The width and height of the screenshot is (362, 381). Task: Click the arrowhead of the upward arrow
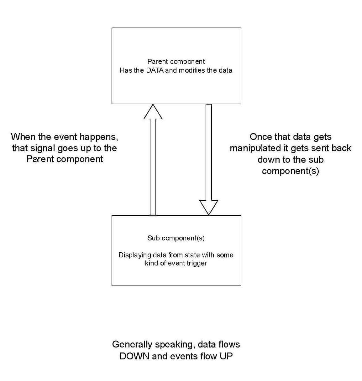pos(153,112)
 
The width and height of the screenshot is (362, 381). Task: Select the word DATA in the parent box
pos(155,70)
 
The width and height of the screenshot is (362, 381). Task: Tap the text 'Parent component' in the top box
pos(176,61)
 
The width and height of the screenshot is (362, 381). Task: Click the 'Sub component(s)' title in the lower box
pos(176,238)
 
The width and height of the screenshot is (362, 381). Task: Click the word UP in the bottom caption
pos(226,356)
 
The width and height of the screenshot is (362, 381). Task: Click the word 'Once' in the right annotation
pos(261,137)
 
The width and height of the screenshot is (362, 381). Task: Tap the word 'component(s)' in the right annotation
pos(290,171)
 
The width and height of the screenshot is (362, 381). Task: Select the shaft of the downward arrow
pos(208,150)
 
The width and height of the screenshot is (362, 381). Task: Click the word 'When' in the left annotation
pos(23,137)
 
